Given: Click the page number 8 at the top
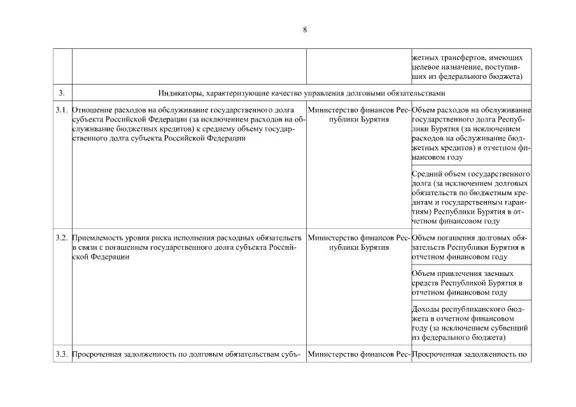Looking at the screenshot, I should coord(306,29).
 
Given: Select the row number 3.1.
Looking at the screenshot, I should coord(62,111).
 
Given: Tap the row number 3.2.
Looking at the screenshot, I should coord(62,238).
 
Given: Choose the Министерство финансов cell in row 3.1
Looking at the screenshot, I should coord(359,115).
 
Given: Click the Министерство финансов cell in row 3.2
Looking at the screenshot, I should coord(359,242).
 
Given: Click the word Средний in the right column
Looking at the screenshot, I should coord(427,174).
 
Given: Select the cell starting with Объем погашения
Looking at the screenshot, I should coord(472,247).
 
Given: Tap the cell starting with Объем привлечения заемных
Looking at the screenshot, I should coord(472,283).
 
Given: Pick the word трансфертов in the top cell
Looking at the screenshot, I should coord(453,58).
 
